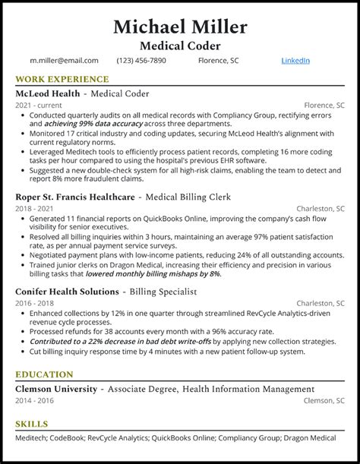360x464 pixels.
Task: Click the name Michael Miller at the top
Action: pos(180,27)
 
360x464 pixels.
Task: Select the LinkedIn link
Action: pos(295,60)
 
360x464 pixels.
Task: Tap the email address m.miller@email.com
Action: pos(64,60)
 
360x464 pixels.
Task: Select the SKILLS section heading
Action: pos(30,424)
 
